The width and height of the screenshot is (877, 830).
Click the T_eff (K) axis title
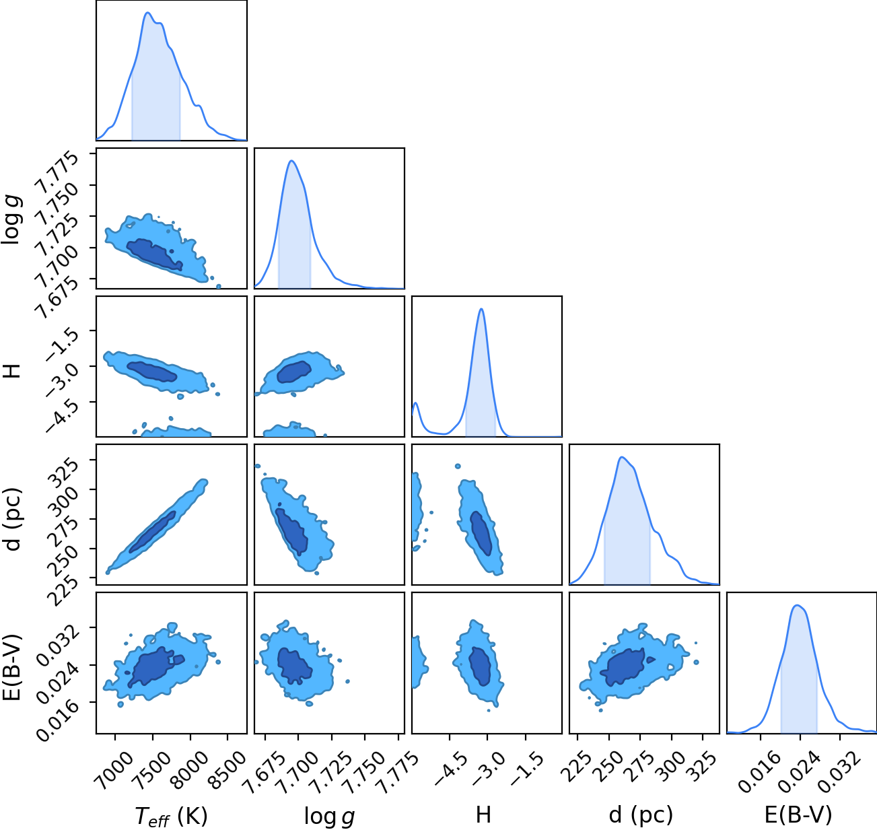point(172,816)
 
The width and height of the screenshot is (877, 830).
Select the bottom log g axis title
point(329,817)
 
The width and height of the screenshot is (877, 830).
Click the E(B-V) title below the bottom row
point(798,815)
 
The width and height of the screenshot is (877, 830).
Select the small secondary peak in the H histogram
point(416,403)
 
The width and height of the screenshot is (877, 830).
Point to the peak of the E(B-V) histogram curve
point(797,605)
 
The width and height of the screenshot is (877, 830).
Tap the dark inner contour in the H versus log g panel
point(293,372)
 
